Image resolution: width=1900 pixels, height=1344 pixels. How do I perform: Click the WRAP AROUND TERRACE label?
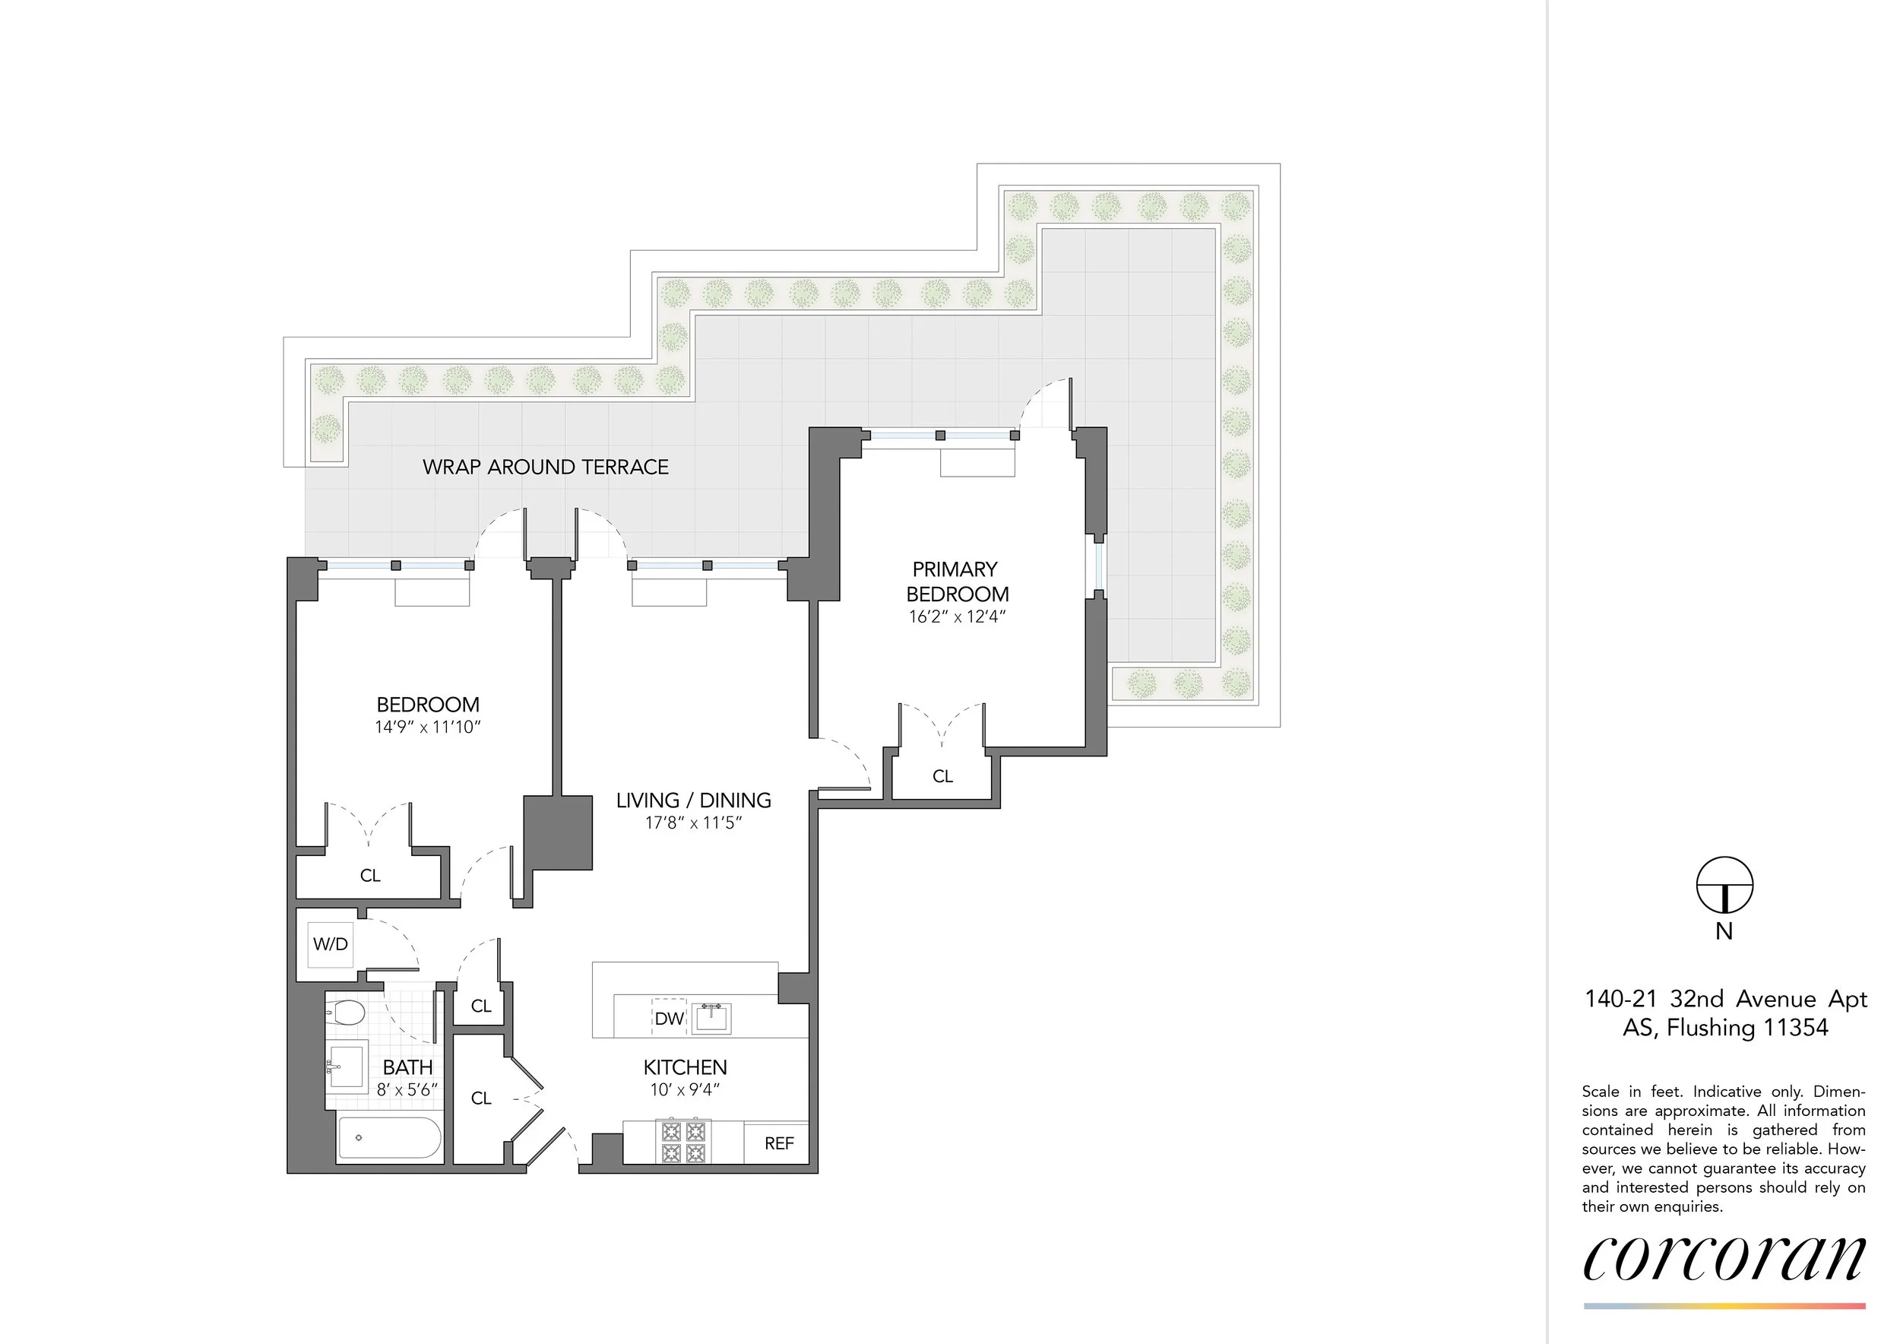546,467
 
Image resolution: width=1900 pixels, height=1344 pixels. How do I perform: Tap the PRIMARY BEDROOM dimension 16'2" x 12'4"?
957,617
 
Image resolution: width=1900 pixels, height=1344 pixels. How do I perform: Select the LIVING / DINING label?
693,800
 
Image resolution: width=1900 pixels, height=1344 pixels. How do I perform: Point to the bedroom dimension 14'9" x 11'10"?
427,727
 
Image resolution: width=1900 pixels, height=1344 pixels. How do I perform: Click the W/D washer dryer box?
330,943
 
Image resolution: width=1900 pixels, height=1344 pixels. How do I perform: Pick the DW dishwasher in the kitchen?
669,1018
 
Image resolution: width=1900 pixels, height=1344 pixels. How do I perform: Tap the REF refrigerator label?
779,1143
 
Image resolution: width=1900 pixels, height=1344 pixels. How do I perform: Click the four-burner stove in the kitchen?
683,1141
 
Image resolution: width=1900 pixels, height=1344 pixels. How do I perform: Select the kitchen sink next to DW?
711,1018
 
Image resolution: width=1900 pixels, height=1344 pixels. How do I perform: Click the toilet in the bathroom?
347,1011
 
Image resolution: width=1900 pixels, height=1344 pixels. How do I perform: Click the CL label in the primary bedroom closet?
942,776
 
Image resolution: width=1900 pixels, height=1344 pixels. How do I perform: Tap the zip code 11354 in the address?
1796,1028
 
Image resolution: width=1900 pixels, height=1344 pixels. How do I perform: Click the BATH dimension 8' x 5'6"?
407,1089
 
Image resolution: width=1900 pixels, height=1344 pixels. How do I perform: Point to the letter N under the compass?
1724,932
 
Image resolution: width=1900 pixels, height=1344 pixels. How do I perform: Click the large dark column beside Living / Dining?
558,832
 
